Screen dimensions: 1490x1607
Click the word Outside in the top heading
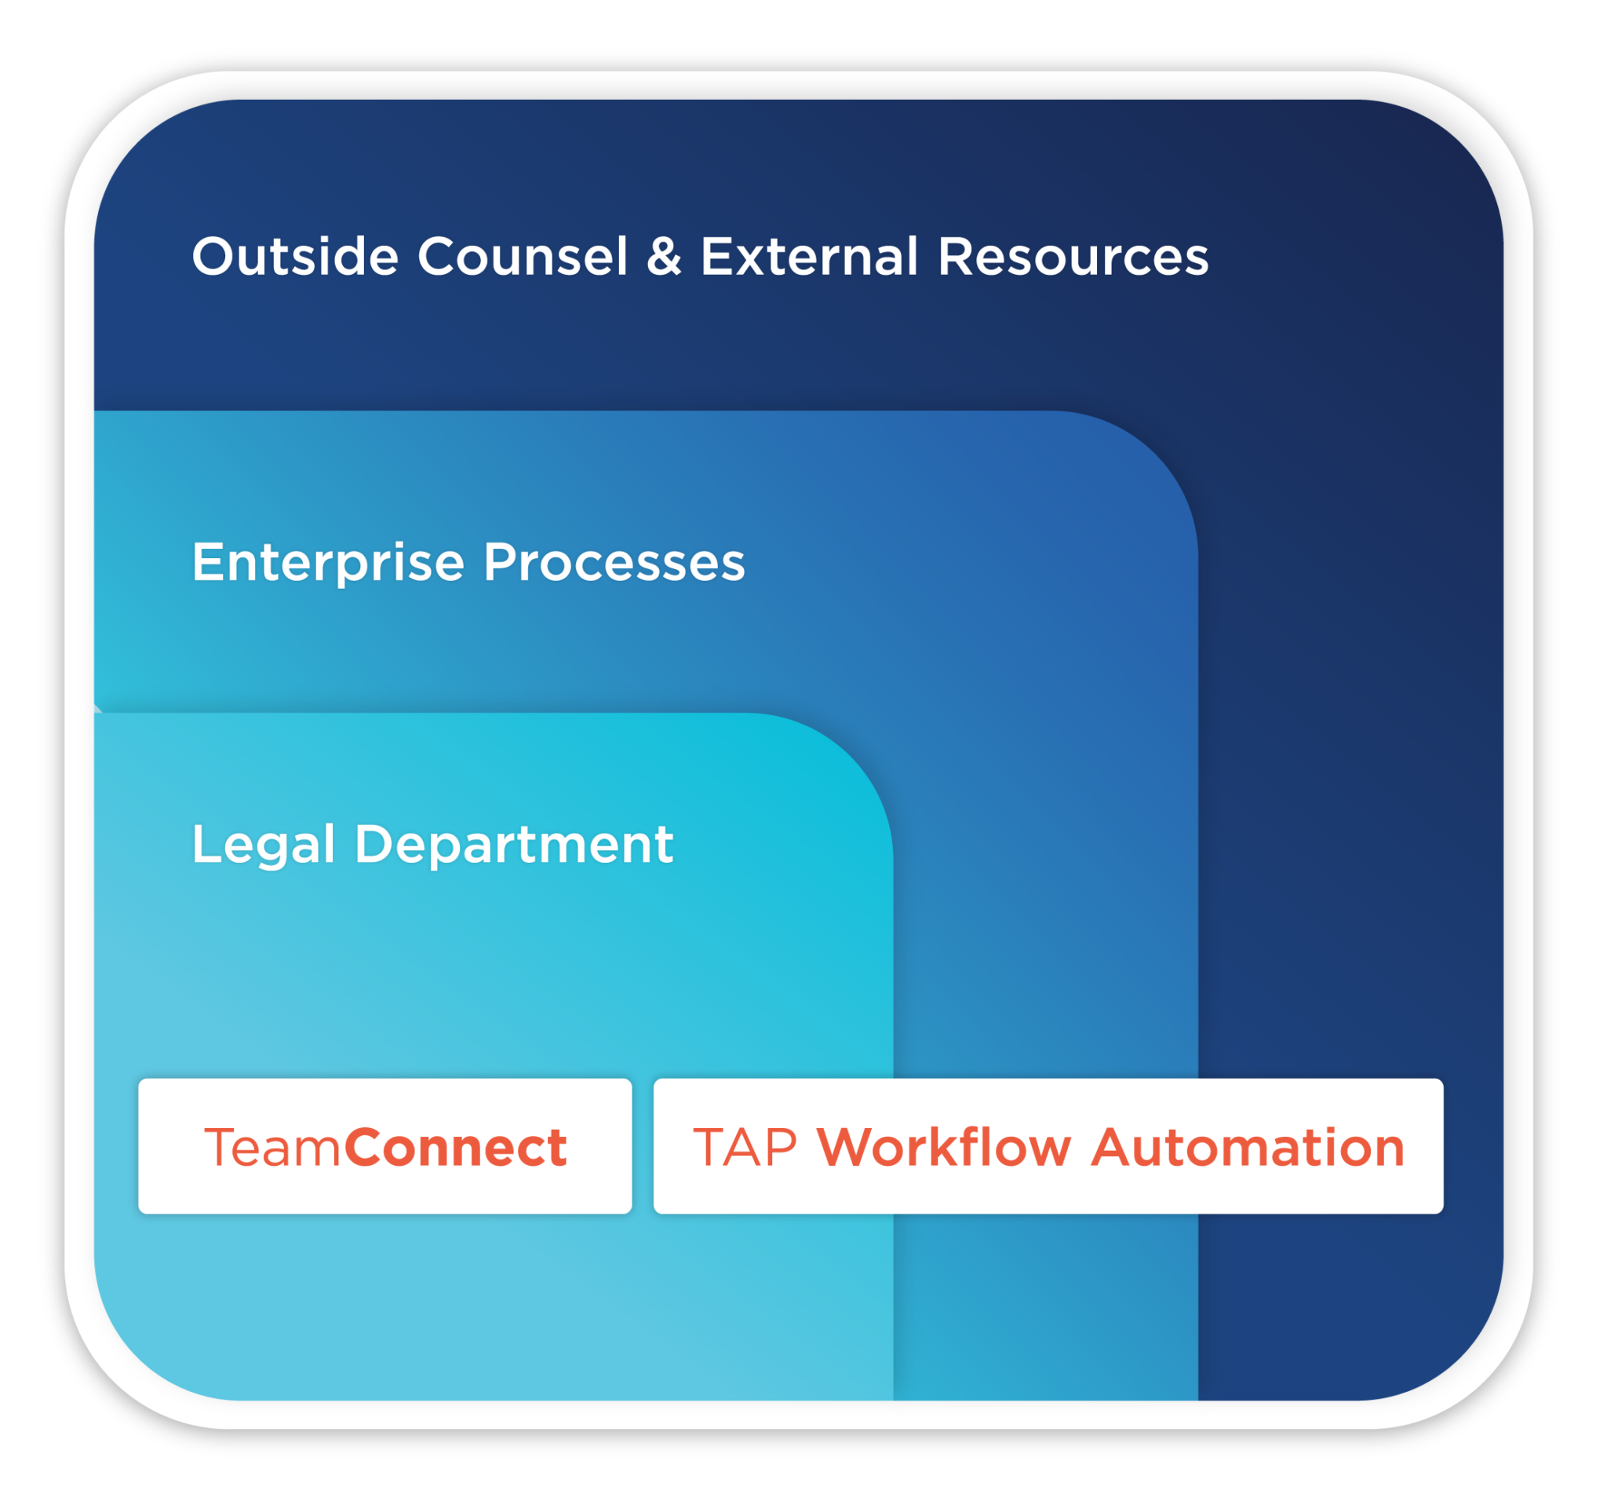click(x=295, y=257)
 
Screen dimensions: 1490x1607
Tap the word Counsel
click(x=523, y=257)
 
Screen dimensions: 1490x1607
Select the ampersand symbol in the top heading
click(x=663, y=257)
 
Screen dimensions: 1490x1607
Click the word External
click(x=809, y=257)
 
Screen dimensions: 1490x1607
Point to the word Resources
click(x=1073, y=257)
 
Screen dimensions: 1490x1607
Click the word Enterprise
click(x=328, y=563)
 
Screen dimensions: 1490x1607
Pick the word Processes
click(x=614, y=562)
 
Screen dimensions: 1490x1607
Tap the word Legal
click(x=263, y=845)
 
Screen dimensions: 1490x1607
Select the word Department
click(x=513, y=845)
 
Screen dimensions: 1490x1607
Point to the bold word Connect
click(x=456, y=1148)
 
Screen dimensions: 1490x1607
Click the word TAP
click(x=745, y=1148)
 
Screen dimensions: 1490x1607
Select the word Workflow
click(x=944, y=1148)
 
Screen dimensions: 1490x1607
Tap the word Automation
click(x=1248, y=1148)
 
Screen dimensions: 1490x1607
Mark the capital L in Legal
click(x=204, y=844)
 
